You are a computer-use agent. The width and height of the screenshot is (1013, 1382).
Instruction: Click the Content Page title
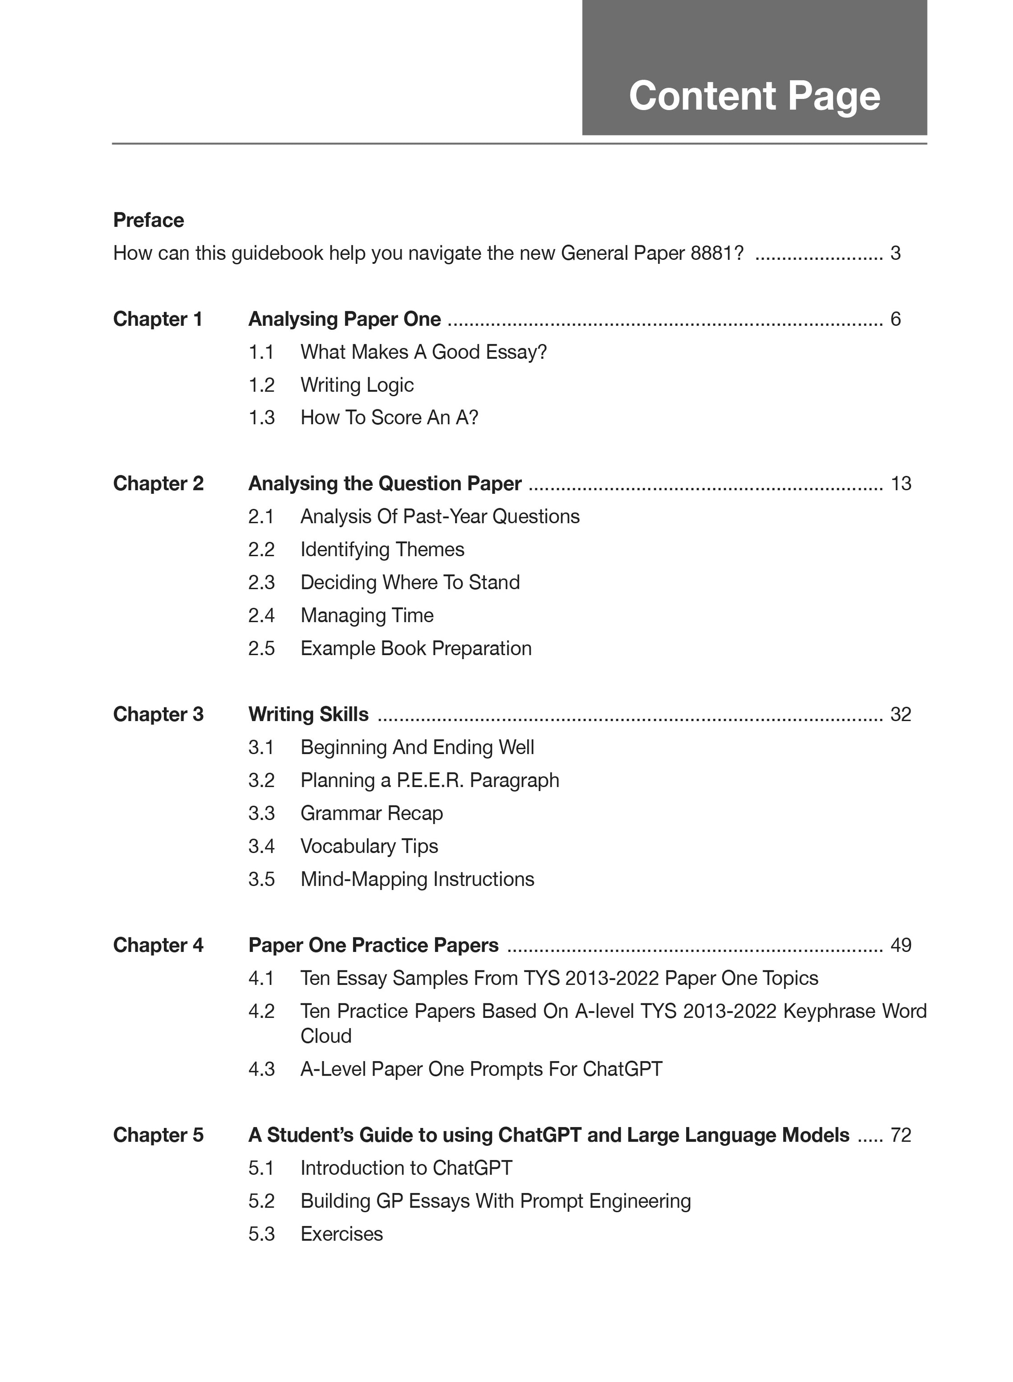754,96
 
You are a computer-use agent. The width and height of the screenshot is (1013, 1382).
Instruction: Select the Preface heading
149,220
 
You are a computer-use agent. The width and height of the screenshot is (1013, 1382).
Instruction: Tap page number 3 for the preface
895,253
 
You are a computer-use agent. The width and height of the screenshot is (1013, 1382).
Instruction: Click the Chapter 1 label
158,319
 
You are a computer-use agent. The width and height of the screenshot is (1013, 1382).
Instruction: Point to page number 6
895,319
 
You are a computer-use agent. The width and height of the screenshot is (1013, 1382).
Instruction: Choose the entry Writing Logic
357,385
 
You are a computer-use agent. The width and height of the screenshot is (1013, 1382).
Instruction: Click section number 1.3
261,418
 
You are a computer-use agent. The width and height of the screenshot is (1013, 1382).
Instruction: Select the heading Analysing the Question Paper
385,483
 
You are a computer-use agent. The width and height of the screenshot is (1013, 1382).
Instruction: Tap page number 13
901,483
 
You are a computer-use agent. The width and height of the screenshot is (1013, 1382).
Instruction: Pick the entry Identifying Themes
382,550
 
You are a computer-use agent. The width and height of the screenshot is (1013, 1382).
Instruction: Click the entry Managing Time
367,615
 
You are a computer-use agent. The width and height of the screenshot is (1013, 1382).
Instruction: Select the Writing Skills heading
308,714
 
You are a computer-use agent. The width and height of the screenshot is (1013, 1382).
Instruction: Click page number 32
901,714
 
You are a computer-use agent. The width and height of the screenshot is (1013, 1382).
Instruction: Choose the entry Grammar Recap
372,814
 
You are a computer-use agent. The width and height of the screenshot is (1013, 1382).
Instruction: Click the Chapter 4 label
158,945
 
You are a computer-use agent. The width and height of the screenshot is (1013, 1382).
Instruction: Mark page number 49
901,945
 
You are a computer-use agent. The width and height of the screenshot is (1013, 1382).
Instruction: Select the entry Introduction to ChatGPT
406,1168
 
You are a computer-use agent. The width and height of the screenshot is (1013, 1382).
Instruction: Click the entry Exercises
342,1234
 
